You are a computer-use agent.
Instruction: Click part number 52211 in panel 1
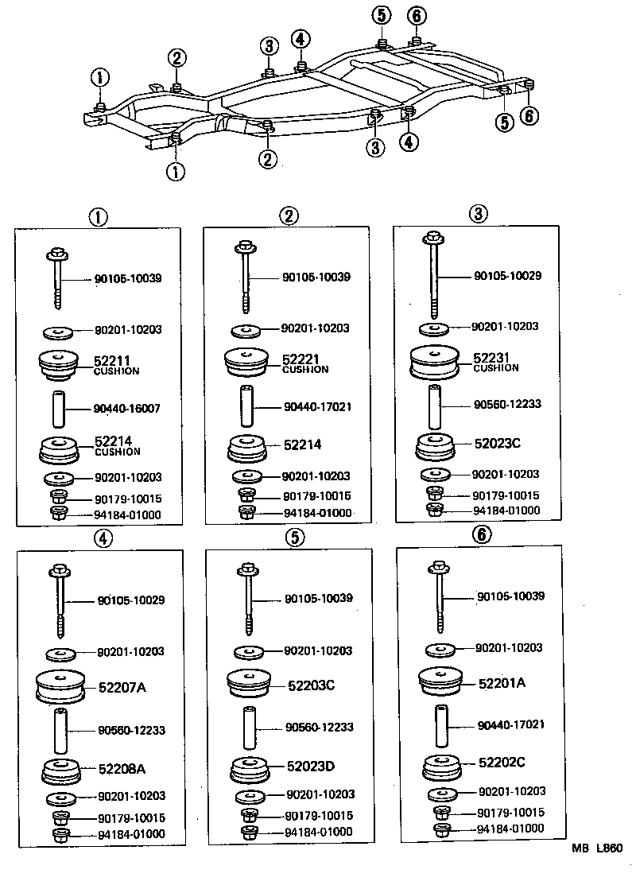(x=112, y=361)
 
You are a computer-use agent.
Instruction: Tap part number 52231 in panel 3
(x=491, y=358)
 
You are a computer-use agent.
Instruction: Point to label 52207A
(x=122, y=687)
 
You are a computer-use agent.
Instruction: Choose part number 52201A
(x=502, y=682)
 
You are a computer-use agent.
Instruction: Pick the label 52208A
(x=122, y=769)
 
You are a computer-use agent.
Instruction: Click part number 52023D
(x=312, y=767)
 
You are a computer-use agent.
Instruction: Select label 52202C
(x=502, y=762)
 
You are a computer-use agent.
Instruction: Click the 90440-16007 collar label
(x=127, y=409)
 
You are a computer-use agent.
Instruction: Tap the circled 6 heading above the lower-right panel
(x=481, y=534)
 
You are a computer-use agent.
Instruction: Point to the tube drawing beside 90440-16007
(x=60, y=409)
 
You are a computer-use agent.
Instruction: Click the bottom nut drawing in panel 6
(x=443, y=829)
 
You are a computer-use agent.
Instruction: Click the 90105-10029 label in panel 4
(x=131, y=600)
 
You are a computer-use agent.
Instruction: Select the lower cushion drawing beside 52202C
(x=441, y=765)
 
